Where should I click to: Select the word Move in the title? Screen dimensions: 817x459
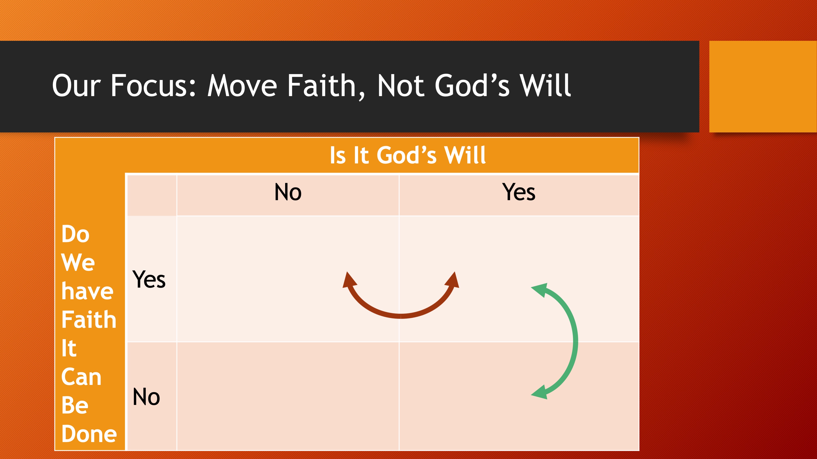coord(242,86)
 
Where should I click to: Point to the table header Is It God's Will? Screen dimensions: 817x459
coord(408,155)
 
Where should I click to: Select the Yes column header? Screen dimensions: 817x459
coord(519,192)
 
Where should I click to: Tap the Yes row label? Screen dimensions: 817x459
coord(149,279)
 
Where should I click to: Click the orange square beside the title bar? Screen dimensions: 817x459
coord(763,87)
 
